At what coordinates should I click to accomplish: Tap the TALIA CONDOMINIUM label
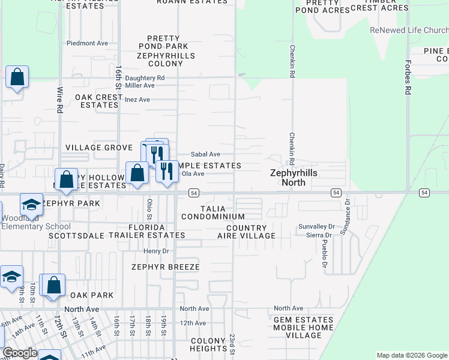(x=213, y=212)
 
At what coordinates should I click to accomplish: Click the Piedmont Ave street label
(x=87, y=43)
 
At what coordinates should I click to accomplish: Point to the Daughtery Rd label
(x=145, y=78)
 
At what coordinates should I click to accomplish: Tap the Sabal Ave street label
(x=205, y=154)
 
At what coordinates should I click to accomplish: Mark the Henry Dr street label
(x=156, y=251)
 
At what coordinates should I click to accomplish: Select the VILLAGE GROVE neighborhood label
(x=98, y=148)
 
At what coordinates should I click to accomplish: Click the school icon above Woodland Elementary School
(x=31, y=205)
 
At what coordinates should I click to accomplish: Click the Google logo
(x=19, y=353)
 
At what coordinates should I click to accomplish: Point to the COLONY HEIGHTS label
(x=208, y=345)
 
